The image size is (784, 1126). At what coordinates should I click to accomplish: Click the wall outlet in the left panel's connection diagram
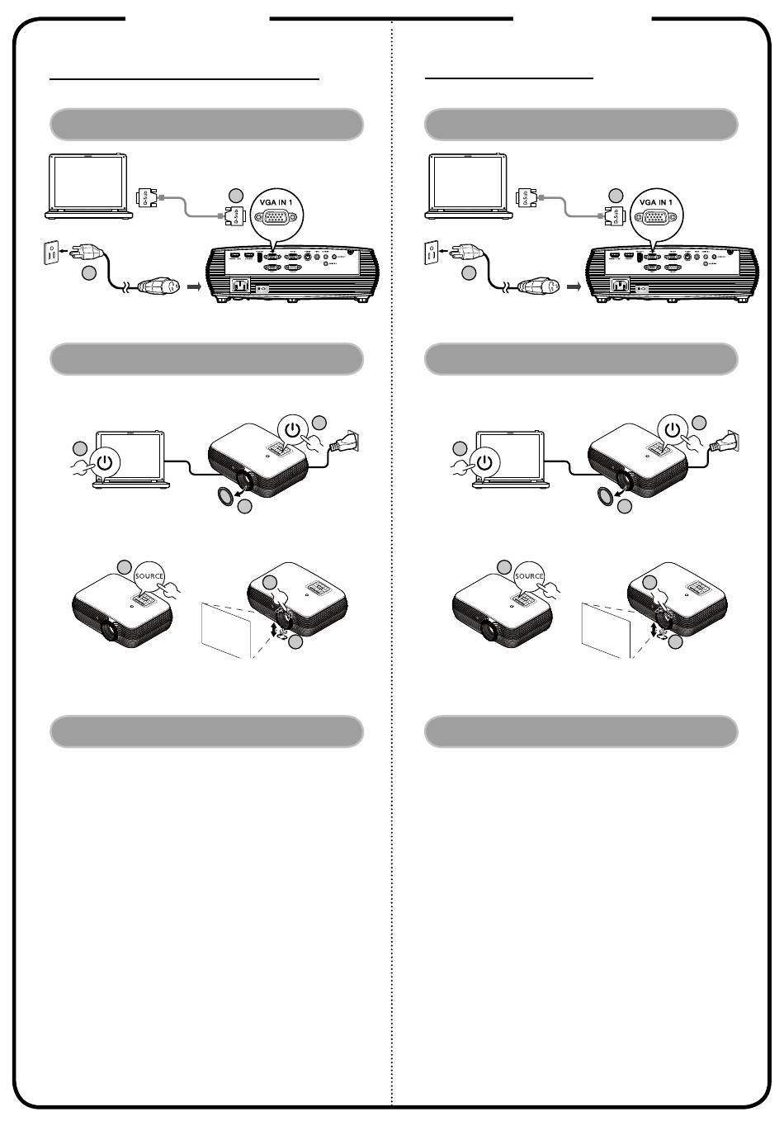(51, 253)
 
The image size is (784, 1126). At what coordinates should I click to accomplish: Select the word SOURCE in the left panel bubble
(149, 575)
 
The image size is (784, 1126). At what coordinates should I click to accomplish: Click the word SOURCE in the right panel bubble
(529, 575)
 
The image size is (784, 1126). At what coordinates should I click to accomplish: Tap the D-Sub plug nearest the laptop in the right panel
(522, 198)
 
